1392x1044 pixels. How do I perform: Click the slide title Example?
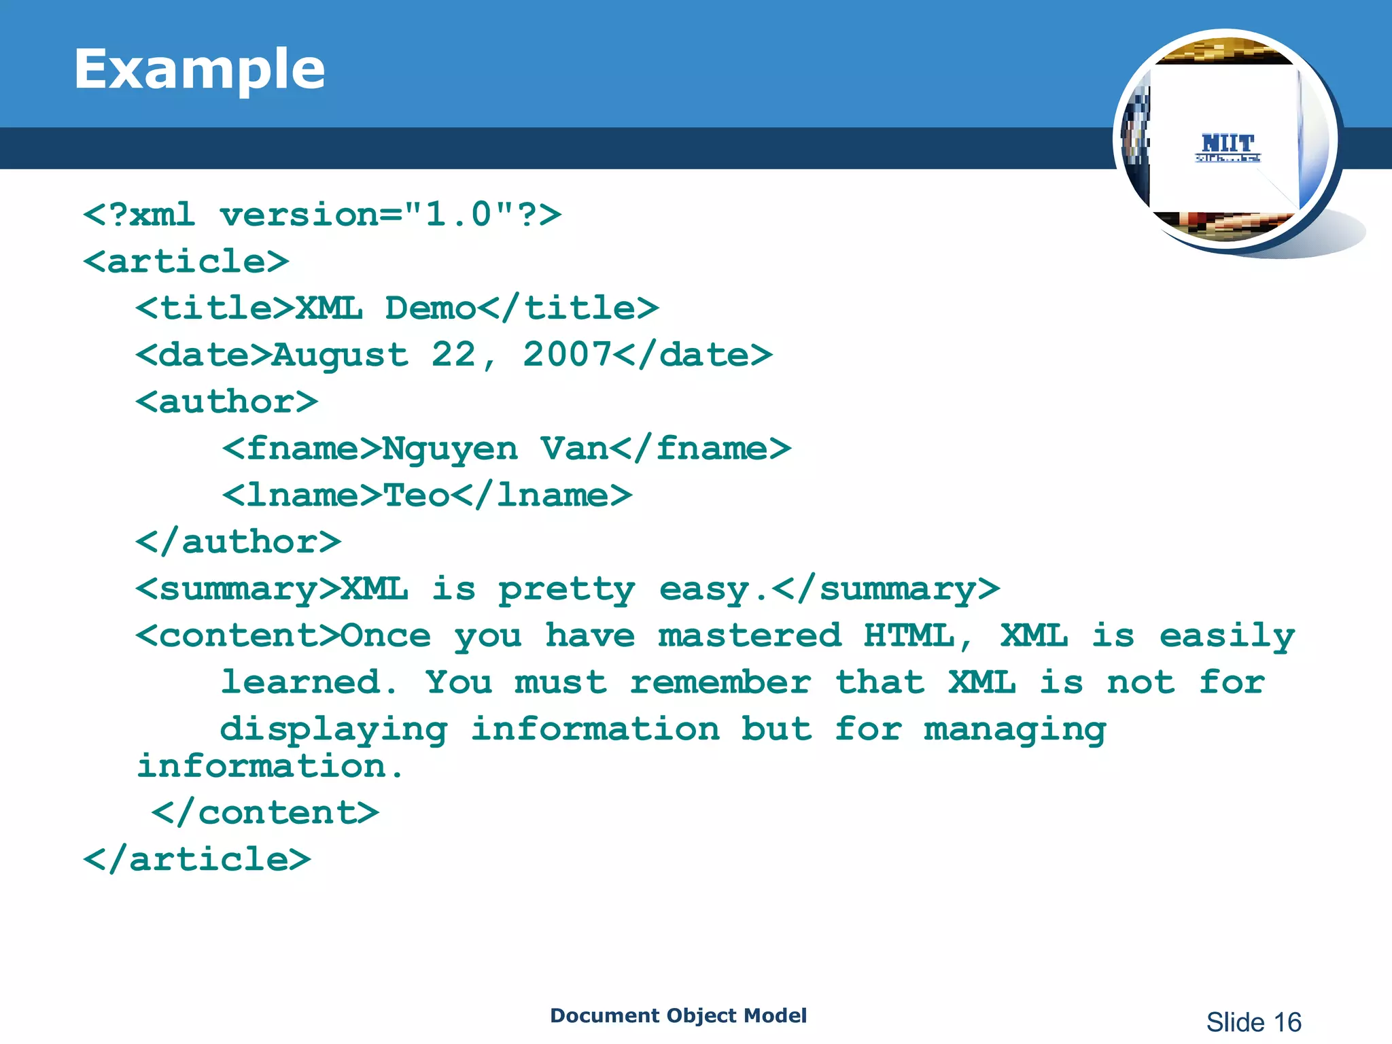199,69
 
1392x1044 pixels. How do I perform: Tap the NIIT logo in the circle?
1228,146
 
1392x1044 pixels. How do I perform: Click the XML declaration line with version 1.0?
321,215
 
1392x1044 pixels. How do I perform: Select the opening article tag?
186,262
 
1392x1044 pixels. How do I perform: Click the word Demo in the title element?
430,308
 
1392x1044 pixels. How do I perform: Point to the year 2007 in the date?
567,354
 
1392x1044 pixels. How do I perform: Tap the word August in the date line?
340,355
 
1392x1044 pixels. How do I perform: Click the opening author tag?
226,402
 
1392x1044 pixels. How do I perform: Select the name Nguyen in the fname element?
449,449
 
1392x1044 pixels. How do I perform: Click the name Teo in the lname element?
416,495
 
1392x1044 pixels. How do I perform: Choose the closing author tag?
238,542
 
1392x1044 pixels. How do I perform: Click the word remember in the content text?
720,682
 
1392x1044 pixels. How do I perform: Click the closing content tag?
265,813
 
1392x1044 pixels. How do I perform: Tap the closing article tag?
196,860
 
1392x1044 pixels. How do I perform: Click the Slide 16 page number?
1253,1022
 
